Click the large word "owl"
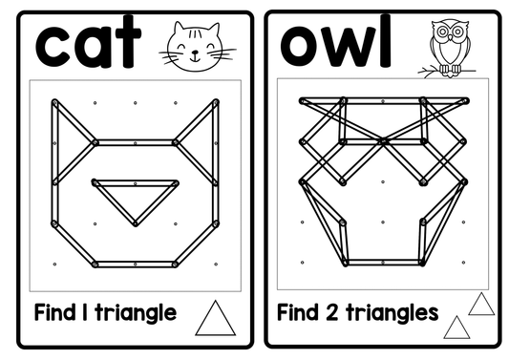pyautogui.click(x=335, y=41)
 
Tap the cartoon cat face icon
pyautogui.click(x=197, y=46)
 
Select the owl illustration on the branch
pyautogui.click(x=448, y=48)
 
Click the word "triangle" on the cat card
pyautogui.click(x=136, y=313)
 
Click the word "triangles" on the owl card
pyautogui.click(x=392, y=312)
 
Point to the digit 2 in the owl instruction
pyautogui.click(x=331, y=312)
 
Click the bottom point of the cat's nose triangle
pyautogui.click(x=136, y=223)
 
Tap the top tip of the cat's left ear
pyautogui.click(x=54, y=102)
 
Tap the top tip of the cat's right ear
pyautogui.click(x=216, y=102)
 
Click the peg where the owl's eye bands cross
pyautogui.click(x=383, y=141)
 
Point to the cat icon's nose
pyautogui.click(x=195, y=52)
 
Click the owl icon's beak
pyautogui.click(x=450, y=38)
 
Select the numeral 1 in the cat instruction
pyautogui.click(x=85, y=312)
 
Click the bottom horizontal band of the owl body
pyautogui.click(x=383, y=263)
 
